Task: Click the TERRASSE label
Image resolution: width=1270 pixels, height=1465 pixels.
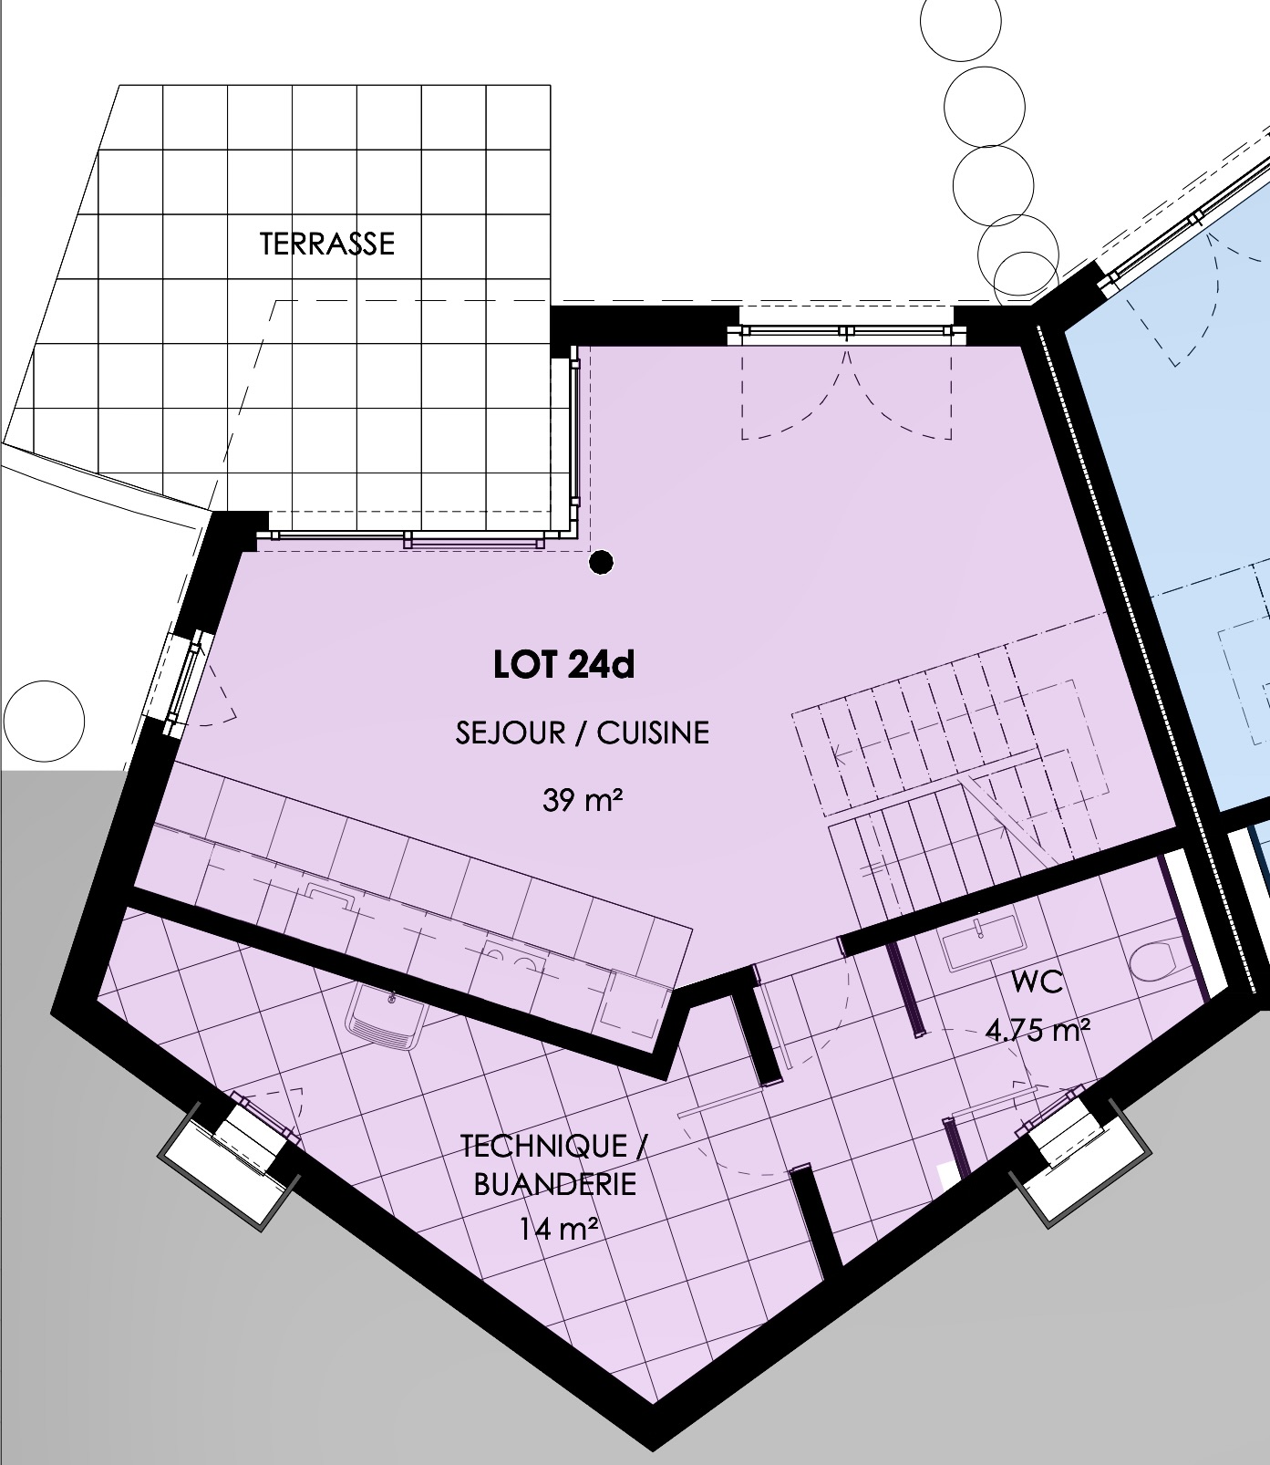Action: [327, 244]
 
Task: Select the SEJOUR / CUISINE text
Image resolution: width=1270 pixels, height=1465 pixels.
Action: [582, 732]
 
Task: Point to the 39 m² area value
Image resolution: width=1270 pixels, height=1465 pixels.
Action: [583, 801]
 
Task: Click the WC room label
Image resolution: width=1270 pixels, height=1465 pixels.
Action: [1037, 983]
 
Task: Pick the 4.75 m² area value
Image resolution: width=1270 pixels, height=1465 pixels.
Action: [1038, 1031]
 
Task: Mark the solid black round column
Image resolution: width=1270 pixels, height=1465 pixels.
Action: [600, 563]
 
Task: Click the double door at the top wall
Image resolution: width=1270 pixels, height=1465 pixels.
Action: [846, 335]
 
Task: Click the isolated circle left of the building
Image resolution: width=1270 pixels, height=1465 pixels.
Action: [44, 722]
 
